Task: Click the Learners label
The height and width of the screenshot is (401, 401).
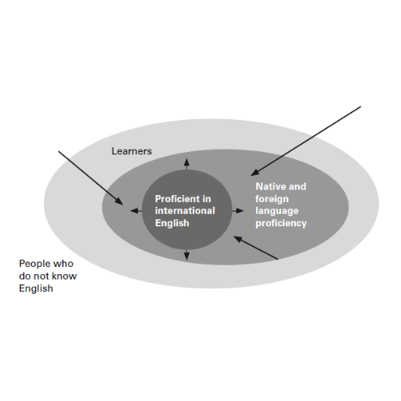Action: tap(132, 151)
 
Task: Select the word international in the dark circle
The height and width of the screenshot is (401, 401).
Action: tap(185, 211)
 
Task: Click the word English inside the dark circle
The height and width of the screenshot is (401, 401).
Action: tap(172, 223)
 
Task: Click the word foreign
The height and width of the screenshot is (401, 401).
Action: tap(272, 199)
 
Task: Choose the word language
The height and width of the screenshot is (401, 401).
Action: tap(276, 211)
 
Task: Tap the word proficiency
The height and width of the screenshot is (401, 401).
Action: tap(281, 223)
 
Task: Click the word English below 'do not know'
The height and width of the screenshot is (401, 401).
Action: tap(36, 288)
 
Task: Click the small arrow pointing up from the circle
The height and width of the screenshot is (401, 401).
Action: tap(186, 164)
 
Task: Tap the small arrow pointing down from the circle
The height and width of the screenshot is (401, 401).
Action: tap(186, 255)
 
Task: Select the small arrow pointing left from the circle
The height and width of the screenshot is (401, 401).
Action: tap(136, 211)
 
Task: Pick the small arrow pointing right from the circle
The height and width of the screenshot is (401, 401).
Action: tap(238, 211)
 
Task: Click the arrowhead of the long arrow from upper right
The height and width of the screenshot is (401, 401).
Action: tap(255, 173)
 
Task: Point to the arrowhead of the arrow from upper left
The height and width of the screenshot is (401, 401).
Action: tap(119, 201)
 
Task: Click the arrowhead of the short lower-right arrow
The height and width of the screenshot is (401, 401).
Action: tap(237, 238)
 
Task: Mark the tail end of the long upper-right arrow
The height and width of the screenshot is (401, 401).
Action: tap(361, 107)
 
